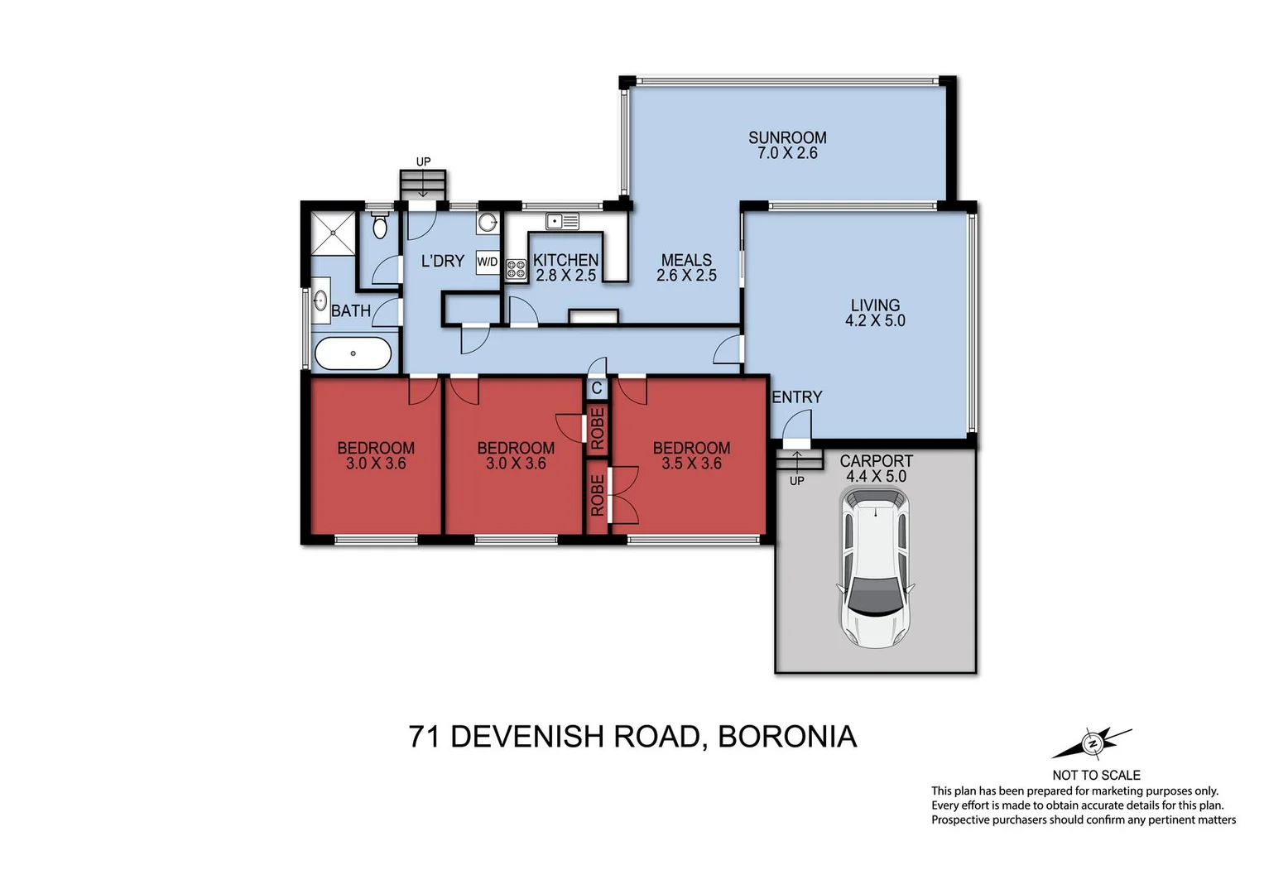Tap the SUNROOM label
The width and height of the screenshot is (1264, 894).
(787, 137)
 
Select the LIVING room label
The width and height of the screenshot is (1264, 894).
(875, 305)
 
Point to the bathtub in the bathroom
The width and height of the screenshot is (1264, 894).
(353, 353)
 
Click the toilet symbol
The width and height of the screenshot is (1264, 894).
(380, 226)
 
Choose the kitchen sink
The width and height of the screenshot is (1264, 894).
(562, 221)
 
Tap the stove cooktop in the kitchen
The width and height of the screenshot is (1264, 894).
(516, 268)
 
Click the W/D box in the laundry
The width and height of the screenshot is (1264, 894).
(488, 262)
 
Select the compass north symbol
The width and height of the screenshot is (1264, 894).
(1092, 743)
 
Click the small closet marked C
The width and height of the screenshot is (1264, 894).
(597, 387)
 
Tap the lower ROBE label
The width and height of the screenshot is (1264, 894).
(598, 496)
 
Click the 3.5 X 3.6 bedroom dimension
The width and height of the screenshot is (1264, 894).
(691, 464)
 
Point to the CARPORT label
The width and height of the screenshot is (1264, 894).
(876, 461)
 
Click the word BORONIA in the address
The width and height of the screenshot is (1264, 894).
(786, 736)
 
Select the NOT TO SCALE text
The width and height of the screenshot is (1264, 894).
(1096, 775)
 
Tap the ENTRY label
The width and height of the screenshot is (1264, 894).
(796, 397)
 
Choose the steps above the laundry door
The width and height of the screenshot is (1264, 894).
(423, 183)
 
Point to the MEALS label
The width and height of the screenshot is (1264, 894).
(686, 260)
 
